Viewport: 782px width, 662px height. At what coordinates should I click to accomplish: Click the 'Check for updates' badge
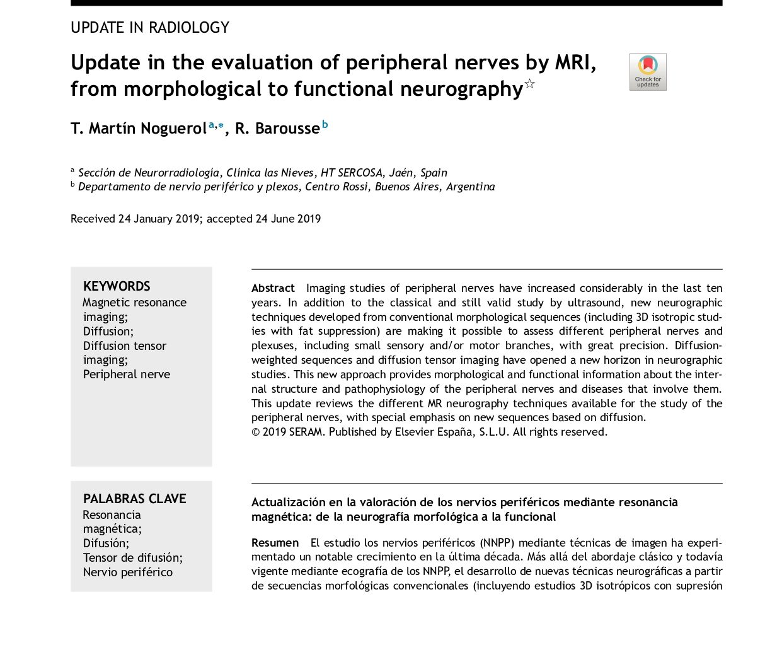pos(648,72)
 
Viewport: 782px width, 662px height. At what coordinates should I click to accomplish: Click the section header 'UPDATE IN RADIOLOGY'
pos(150,28)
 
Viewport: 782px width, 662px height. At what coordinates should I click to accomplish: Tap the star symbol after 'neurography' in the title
pos(530,84)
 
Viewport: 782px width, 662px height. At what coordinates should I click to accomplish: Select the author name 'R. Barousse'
pos(277,129)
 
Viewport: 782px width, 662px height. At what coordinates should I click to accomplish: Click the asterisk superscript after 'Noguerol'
pos(221,125)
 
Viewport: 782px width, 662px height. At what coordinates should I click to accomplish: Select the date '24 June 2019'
pos(288,219)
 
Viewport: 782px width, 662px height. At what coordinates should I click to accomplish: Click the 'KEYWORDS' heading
pos(117,286)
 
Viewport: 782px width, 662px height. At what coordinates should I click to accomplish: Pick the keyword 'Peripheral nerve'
pos(127,375)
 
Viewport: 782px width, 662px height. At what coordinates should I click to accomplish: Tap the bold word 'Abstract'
pos(273,288)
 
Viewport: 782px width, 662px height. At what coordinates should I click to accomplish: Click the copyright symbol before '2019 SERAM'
pos(256,432)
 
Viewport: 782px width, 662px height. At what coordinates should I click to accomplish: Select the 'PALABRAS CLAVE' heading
pos(135,499)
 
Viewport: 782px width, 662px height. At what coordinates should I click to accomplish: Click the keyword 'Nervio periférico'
pos(128,572)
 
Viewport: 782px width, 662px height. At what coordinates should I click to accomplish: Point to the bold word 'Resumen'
pos(275,543)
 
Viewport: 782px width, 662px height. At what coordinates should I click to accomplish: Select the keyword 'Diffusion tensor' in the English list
pos(125,346)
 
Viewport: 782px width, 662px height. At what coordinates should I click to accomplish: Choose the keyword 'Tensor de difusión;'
pos(133,558)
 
